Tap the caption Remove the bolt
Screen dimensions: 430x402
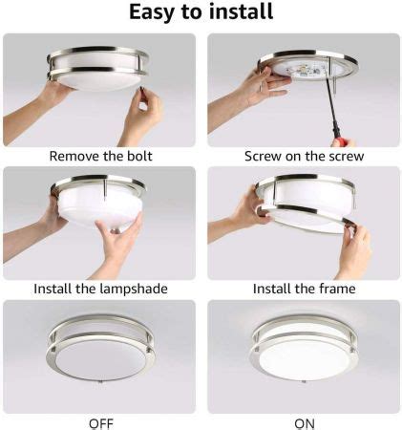100,155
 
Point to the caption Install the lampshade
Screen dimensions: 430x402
100,288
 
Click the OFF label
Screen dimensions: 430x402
100,421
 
